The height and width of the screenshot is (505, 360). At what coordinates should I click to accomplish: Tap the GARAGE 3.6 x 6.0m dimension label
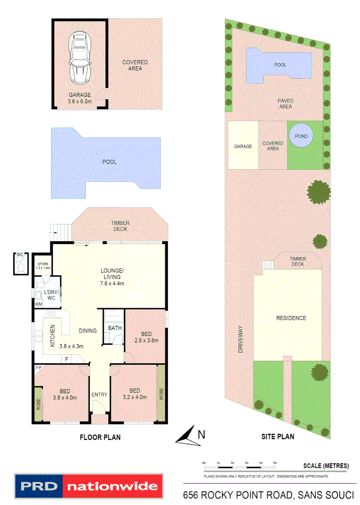pyautogui.click(x=79, y=98)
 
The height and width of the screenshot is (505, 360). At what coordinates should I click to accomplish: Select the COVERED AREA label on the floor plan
pyautogui.click(x=135, y=65)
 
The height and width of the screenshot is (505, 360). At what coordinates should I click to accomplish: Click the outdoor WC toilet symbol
pyautogui.click(x=21, y=266)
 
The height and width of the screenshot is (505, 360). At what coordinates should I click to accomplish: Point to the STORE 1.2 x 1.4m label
pyautogui.click(x=43, y=267)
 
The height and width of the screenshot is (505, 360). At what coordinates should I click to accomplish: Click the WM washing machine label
pyautogui.click(x=39, y=304)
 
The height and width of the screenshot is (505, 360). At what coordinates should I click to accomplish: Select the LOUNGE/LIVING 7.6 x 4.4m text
pyautogui.click(x=112, y=274)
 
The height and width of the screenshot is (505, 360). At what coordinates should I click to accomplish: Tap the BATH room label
pyautogui.click(x=115, y=328)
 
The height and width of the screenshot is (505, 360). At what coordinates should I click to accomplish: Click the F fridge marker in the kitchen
pyautogui.click(x=67, y=359)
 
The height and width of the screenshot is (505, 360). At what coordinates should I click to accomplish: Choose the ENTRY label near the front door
pyautogui.click(x=99, y=395)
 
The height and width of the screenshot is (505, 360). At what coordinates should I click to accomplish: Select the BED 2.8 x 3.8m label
pyautogui.click(x=146, y=337)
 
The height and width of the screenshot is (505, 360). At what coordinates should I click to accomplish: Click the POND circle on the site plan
pyautogui.click(x=298, y=136)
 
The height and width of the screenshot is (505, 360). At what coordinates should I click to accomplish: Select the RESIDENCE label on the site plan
pyautogui.click(x=290, y=318)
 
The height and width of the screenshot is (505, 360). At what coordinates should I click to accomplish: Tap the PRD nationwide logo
pyautogui.click(x=89, y=486)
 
